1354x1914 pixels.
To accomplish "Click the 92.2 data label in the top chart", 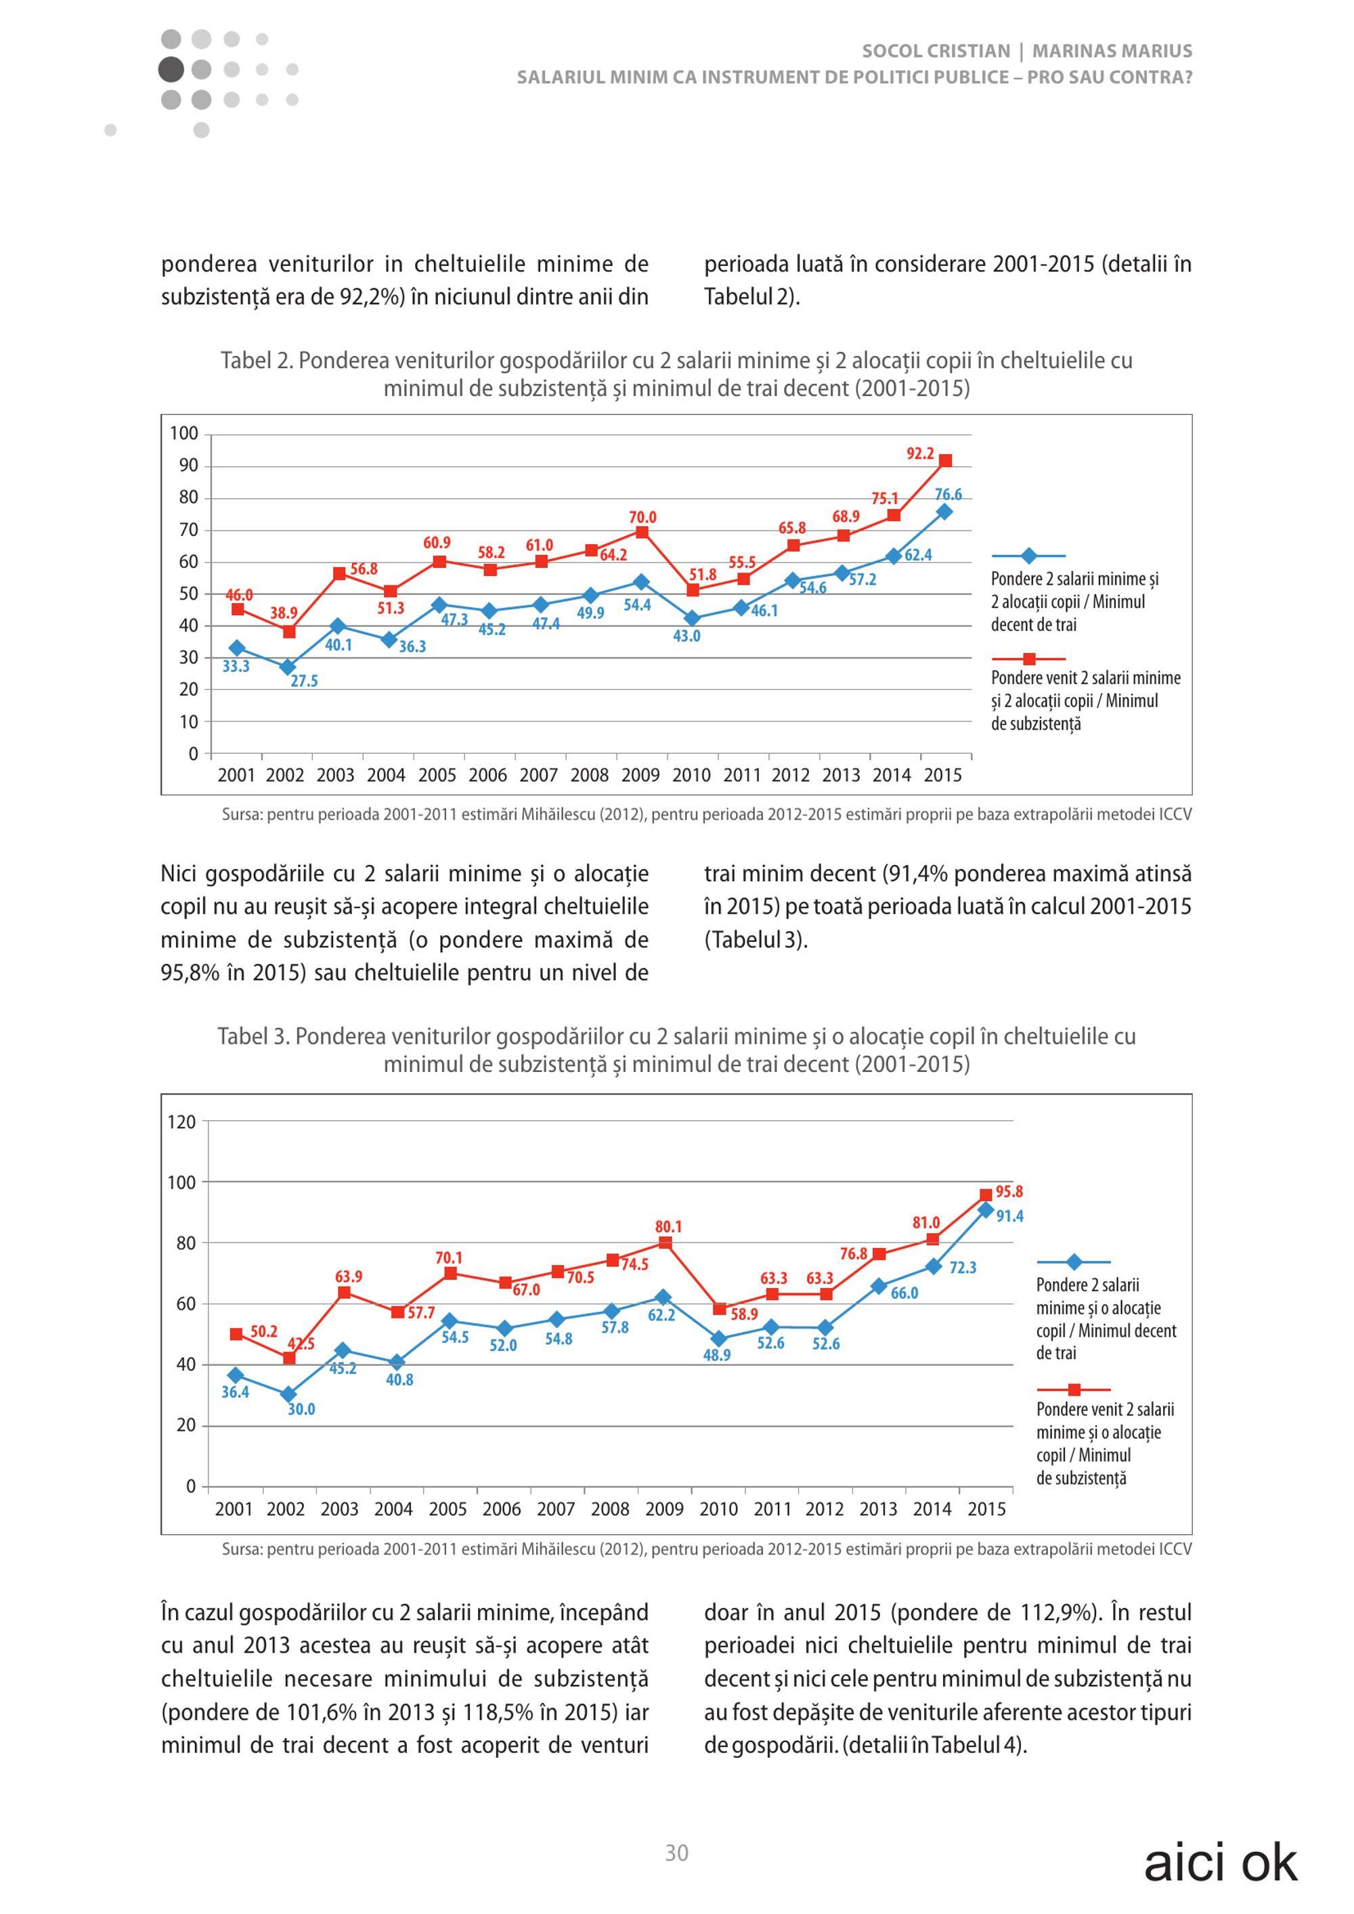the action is point(921,453).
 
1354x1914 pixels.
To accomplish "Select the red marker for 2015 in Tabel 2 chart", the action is point(946,461).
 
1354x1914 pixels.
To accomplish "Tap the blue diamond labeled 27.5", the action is point(288,667).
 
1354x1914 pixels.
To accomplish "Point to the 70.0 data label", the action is point(643,518).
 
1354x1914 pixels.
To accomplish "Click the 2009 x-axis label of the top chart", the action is point(640,775).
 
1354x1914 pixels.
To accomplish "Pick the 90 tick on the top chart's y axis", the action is point(190,465).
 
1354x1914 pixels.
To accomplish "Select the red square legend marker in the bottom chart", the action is point(1074,1389).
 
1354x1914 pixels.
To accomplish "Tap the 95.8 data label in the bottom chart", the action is point(1009,1192).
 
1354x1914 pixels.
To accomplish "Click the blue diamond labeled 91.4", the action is point(986,1209).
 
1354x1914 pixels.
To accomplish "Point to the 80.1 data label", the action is point(669,1226).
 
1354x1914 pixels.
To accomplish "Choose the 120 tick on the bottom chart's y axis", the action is point(181,1122).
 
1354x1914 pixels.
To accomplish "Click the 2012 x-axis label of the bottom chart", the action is point(825,1509).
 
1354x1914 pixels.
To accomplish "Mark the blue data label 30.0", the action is point(302,1410).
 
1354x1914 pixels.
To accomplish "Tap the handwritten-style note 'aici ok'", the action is point(1221,1863).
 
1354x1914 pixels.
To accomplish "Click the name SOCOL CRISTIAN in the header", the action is point(936,51).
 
